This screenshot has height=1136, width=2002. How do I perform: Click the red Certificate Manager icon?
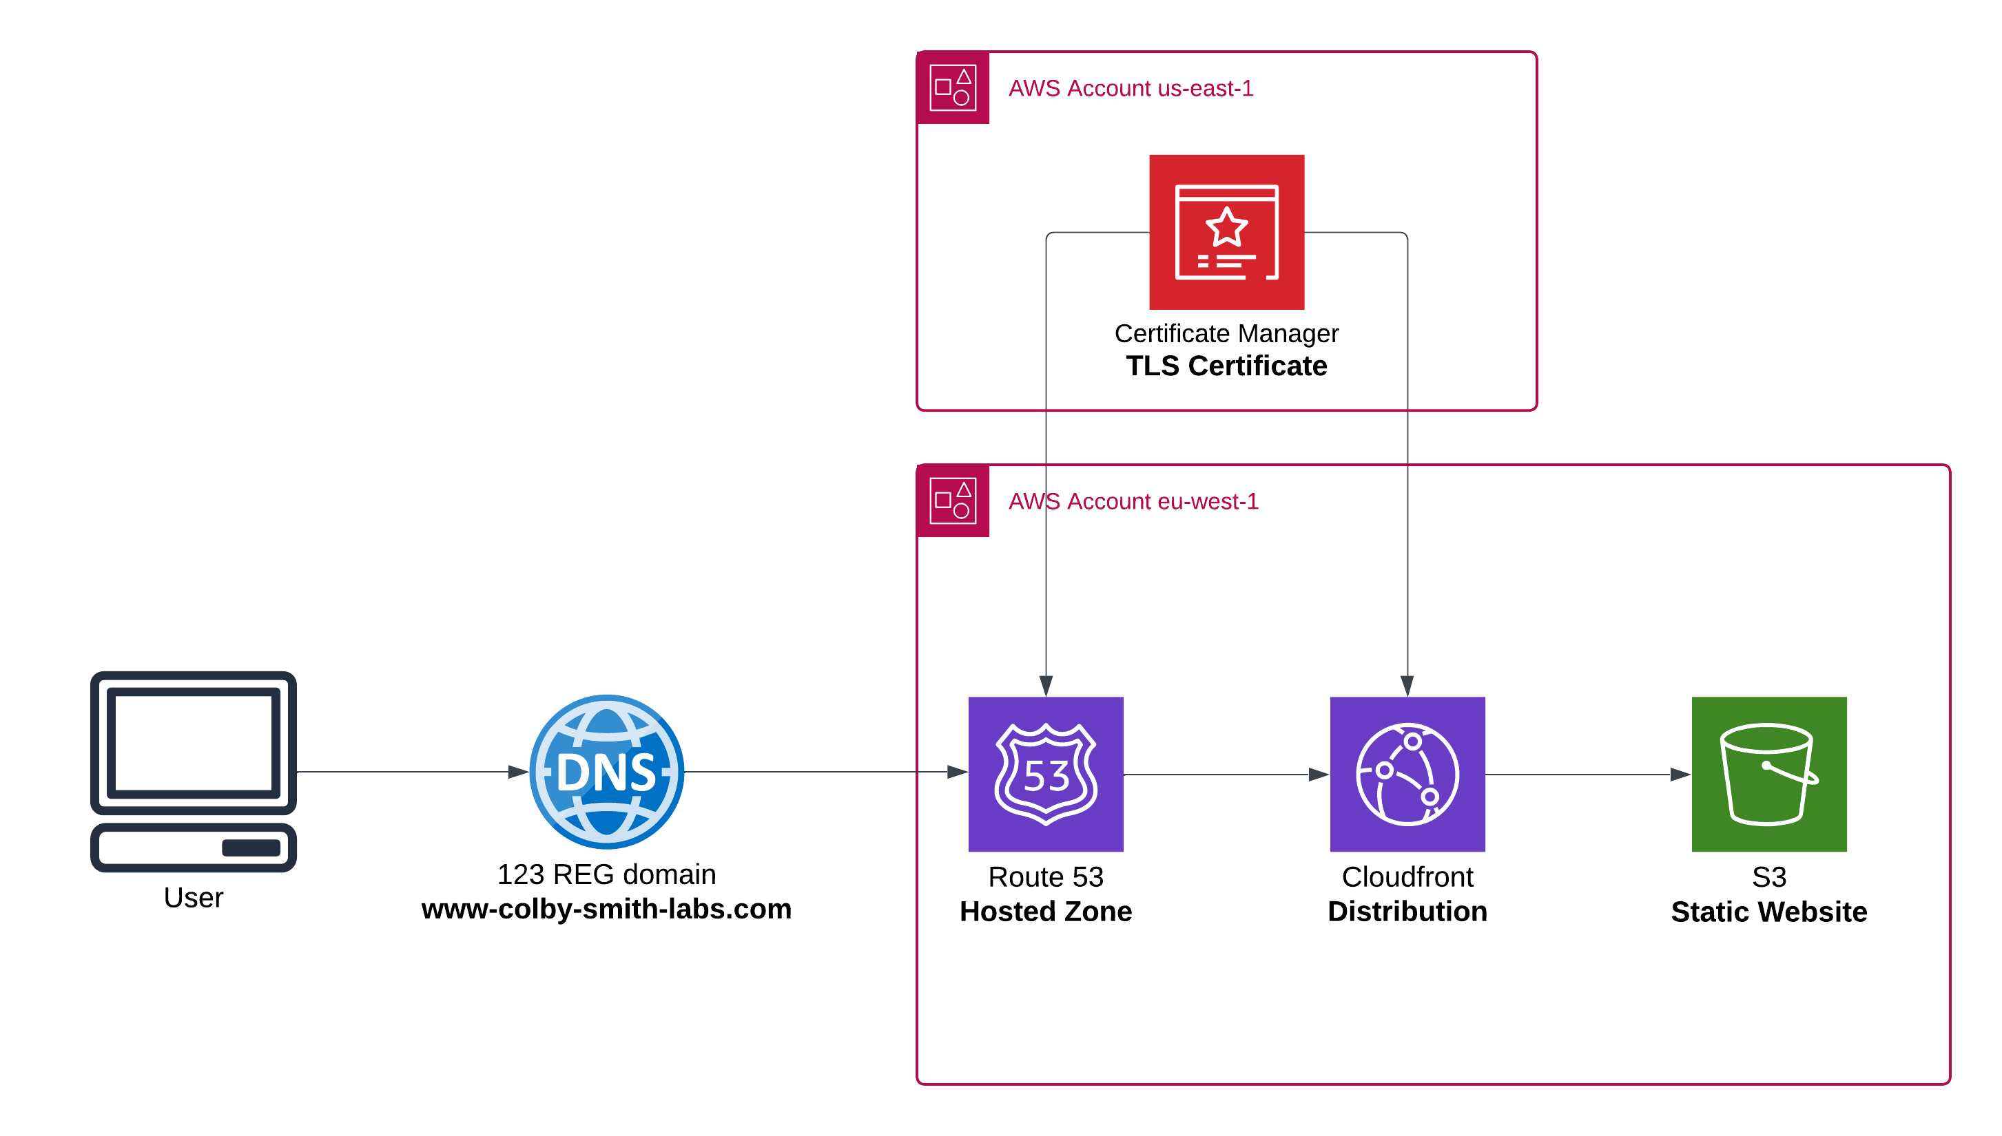pos(1226,232)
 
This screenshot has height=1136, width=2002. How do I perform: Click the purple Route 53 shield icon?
pos(1046,774)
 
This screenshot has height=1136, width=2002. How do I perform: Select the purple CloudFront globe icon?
pos(1407,774)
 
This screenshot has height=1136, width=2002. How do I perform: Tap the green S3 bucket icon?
pos(1768,774)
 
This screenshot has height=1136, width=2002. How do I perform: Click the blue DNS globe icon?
pos(606,772)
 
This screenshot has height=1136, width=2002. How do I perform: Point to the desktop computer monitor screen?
pos(194,742)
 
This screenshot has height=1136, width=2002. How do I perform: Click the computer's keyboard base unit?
pos(194,848)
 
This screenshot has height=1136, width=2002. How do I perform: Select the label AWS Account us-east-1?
pos(1131,88)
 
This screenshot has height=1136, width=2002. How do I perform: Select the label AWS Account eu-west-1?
pos(1133,501)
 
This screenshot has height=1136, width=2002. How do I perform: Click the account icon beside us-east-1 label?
pos(953,87)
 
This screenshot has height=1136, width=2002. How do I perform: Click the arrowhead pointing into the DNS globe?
pos(518,772)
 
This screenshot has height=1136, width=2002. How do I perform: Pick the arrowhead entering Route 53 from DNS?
pos(958,772)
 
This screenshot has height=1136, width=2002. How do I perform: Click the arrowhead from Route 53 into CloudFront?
pos(1319,775)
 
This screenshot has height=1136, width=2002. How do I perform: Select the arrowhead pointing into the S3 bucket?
pos(1680,775)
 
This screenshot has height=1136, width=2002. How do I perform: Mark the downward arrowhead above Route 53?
pos(1046,686)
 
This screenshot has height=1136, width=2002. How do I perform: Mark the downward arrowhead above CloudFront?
pos(1407,686)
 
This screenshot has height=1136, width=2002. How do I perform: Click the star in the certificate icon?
pos(1226,227)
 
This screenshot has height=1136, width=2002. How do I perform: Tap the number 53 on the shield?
pos(1046,777)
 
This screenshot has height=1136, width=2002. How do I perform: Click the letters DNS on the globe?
pos(606,772)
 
